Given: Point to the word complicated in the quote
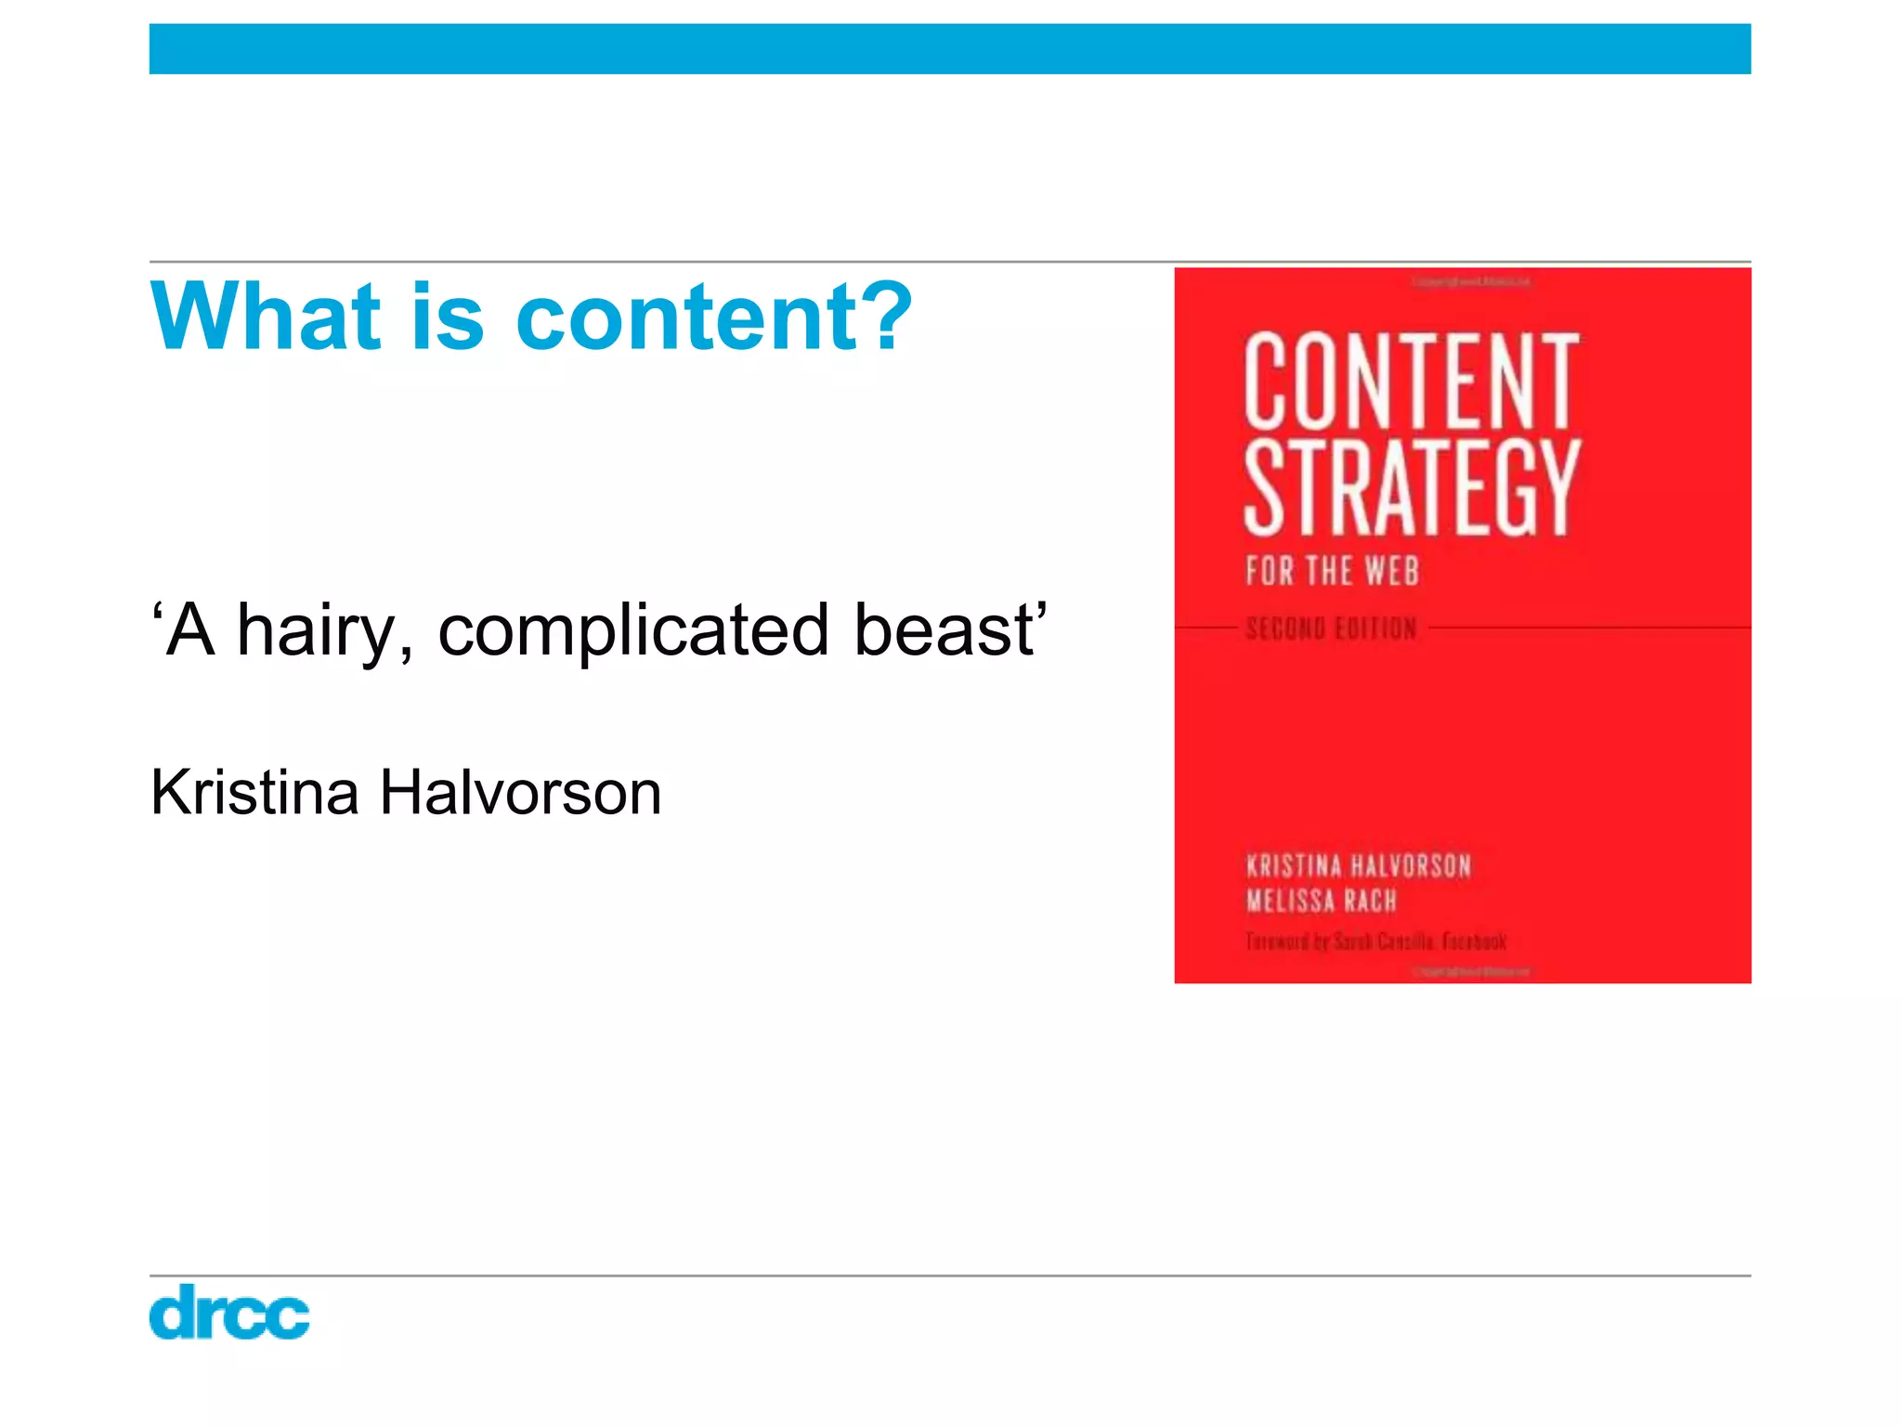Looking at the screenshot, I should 632,631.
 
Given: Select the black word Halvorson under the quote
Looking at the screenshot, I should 520,793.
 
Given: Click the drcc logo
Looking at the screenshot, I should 229,1312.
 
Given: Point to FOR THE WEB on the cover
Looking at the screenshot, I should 1332,570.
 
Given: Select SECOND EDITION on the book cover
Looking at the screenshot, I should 1331,629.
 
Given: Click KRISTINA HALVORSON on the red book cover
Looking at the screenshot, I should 1358,866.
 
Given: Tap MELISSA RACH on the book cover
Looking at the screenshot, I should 1321,901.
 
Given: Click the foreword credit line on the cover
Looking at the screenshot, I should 1375,941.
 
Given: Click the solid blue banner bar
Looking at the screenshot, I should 950,49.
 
